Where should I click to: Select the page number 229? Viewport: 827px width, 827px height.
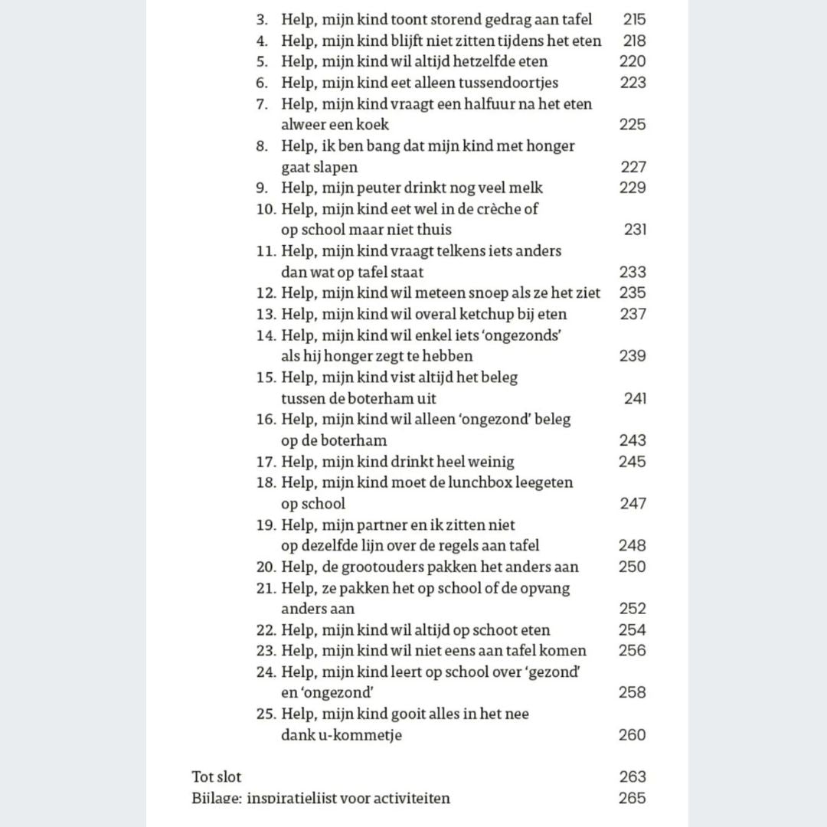(633, 188)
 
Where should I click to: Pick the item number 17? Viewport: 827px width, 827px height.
(266, 462)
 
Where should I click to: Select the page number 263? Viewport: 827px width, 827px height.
(633, 776)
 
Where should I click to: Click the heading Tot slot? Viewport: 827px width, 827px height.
(216, 776)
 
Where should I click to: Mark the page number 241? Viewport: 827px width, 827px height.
(635, 398)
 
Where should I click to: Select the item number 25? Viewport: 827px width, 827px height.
(266, 714)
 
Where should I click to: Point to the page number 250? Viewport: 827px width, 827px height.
(633, 567)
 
